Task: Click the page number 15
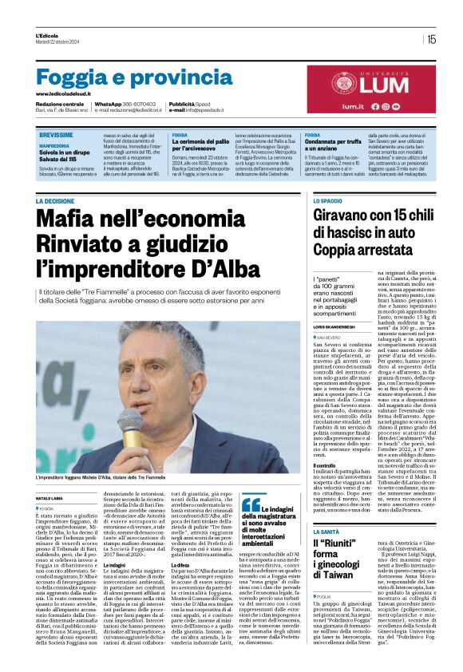[431, 39]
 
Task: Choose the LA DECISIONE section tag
[55, 202]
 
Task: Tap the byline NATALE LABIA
[49, 476]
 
